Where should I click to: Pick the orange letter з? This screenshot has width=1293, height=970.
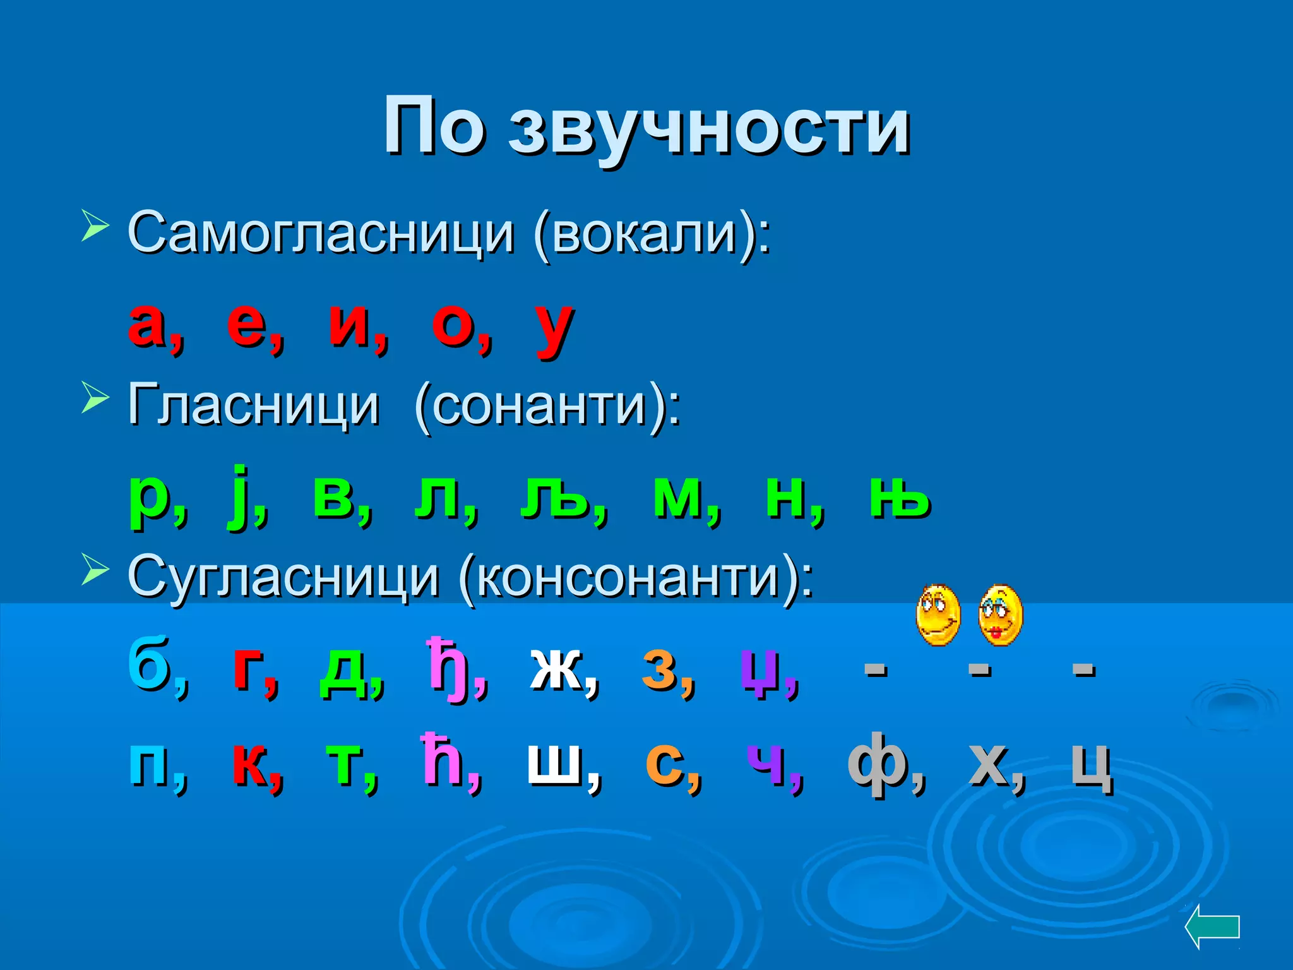coord(660,669)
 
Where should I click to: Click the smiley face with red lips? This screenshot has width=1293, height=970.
coord(1000,615)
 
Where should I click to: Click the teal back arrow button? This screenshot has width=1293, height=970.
coord(1212,927)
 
